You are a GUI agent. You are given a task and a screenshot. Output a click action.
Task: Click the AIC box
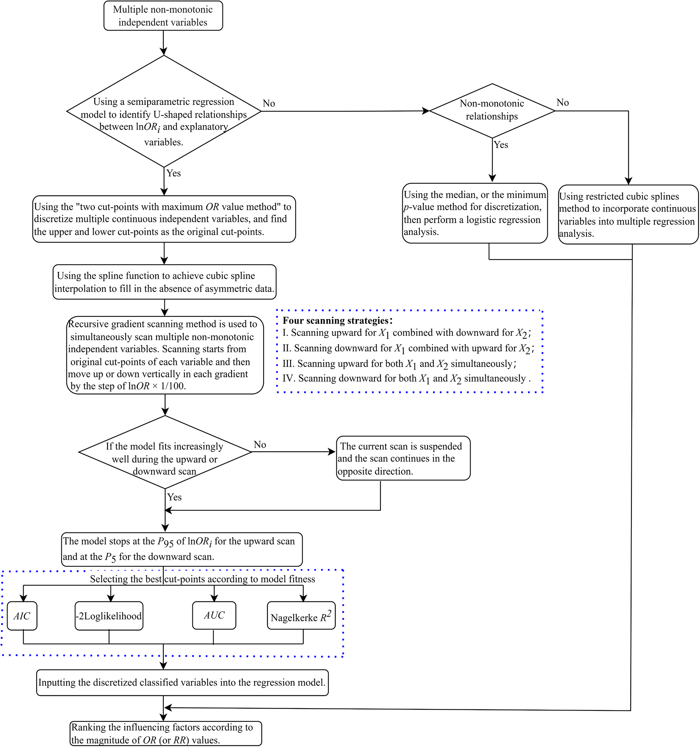pos(22,616)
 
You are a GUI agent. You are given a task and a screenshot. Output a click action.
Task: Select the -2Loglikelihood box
pos(109,616)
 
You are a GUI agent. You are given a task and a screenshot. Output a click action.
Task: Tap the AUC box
pos(214,615)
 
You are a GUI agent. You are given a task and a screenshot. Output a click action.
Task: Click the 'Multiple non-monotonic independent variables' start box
pos(163,16)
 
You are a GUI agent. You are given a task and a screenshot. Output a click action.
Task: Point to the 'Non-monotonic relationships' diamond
pos(492,110)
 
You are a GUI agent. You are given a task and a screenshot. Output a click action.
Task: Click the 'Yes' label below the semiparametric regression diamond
pos(173,173)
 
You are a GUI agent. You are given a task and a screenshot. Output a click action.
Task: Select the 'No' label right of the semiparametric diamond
pos(269,103)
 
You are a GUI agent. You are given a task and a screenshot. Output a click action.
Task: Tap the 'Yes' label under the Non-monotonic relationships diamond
pos(501,145)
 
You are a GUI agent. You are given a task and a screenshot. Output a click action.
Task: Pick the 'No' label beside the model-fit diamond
pos(260,445)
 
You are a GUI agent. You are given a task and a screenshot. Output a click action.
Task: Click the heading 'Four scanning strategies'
pos(337,320)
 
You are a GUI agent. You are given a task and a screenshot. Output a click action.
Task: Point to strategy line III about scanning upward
pos(399,364)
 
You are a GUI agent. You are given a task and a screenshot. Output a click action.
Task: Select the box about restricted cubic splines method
pos(628,215)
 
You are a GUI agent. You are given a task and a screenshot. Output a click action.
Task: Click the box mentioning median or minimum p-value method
pos(475,213)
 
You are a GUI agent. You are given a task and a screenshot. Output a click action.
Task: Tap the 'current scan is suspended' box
pos(403,458)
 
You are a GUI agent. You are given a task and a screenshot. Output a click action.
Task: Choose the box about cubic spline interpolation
pos(164,282)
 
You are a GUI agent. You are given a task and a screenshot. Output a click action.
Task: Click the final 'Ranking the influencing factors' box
pos(165,733)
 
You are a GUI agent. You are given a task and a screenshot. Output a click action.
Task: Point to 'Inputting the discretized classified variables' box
pos(182,682)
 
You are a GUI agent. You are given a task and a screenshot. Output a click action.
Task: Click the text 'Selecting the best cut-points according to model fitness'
pos(202,579)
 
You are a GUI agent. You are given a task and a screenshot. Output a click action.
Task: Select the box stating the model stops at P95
pos(182,549)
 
